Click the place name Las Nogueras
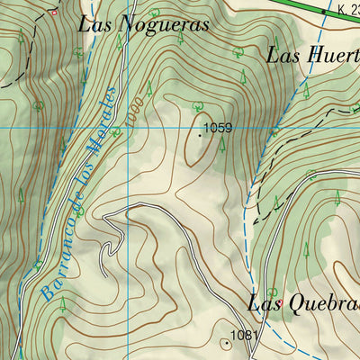coord(143,24)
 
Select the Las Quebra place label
coord(303,303)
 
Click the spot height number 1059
coord(218,129)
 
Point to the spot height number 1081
coord(244,336)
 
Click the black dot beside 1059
coord(200,135)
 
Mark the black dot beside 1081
coord(225,342)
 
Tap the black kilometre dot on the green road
coord(323,11)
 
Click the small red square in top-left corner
coord(53,13)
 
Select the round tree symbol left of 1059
coord(197,105)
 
